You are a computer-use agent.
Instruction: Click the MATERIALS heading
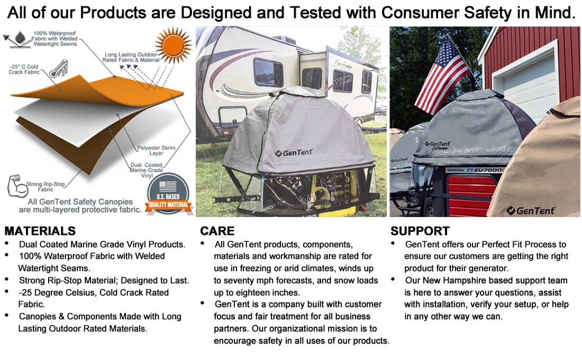(x=40, y=231)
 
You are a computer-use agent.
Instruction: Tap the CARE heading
(x=217, y=231)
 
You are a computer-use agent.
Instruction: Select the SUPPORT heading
(x=420, y=231)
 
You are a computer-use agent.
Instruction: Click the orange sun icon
(x=173, y=45)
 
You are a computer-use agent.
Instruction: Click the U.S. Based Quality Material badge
(x=168, y=195)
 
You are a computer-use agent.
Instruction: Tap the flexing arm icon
(x=17, y=186)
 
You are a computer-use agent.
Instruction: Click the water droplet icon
(x=20, y=38)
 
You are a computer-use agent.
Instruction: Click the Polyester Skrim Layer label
(x=156, y=150)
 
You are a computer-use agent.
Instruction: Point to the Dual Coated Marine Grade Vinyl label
(x=146, y=170)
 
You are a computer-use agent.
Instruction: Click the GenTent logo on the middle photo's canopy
(x=294, y=152)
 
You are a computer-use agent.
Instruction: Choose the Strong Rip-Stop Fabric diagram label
(x=46, y=187)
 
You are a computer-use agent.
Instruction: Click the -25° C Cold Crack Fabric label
(x=24, y=69)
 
